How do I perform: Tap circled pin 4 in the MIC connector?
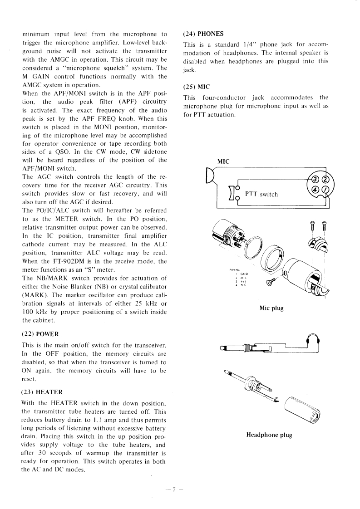(313, 189)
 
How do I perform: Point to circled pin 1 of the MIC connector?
(325, 189)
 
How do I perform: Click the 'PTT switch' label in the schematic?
(261, 194)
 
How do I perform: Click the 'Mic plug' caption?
(271, 308)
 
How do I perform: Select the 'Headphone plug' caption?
(269, 435)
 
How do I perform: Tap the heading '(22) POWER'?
(40, 334)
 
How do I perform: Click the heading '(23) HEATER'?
(42, 392)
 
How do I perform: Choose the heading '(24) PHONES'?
(203, 34)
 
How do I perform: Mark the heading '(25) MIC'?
(196, 86)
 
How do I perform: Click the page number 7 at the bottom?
(174, 489)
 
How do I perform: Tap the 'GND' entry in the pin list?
(243, 274)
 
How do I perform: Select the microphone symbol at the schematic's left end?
(210, 176)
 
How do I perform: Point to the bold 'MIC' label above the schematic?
(223, 161)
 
